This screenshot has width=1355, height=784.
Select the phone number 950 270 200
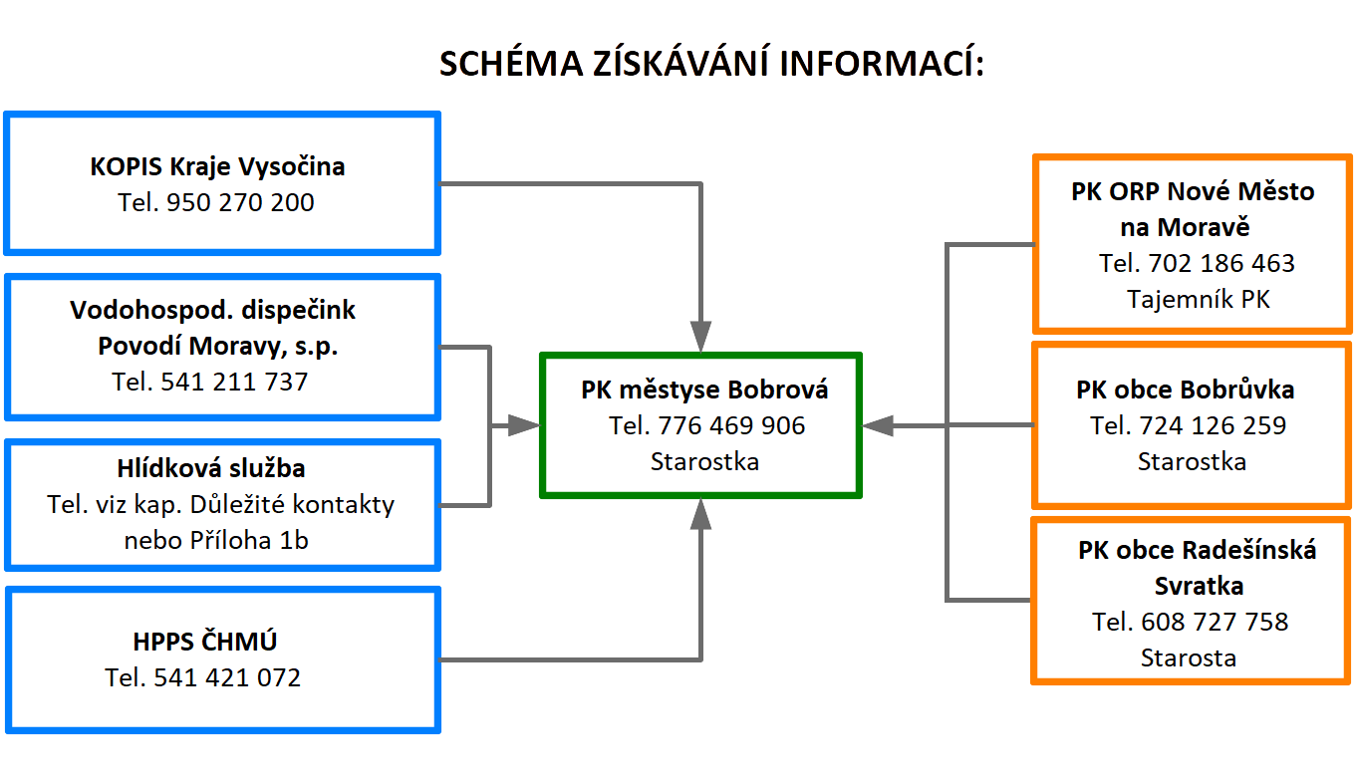pos(240,203)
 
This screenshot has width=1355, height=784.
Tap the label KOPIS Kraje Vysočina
pos(217,165)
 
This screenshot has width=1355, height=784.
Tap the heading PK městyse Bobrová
pos(704,390)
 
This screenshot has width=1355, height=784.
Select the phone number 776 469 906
pos(731,426)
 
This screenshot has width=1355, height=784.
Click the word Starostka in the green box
pos(704,462)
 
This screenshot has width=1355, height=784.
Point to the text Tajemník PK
pos(1199,299)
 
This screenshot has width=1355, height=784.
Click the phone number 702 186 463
pos(1221,264)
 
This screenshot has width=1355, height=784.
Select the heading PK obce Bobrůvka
pos(1186,390)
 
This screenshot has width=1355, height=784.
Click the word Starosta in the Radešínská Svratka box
pos(1189,658)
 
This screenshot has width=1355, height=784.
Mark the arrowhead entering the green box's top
pos(701,336)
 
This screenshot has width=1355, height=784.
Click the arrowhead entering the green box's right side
pos(877,425)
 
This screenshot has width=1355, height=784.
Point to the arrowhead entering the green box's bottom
pos(701,513)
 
